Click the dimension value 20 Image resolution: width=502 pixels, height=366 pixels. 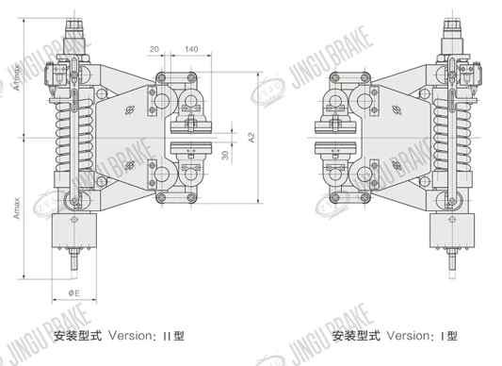[x=154, y=49]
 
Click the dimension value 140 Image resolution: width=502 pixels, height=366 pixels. [x=191, y=49]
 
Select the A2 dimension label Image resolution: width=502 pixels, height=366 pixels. [x=251, y=138]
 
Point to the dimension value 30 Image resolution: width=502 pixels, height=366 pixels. [x=225, y=156]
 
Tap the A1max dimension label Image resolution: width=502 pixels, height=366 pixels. [x=17, y=77]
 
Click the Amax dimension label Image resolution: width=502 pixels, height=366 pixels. [x=17, y=208]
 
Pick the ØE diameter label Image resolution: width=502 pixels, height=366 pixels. [x=74, y=292]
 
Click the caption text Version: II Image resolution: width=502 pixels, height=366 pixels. [x=141, y=336]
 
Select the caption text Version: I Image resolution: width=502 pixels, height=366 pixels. [x=417, y=336]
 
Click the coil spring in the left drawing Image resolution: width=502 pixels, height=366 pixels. [x=74, y=137]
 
